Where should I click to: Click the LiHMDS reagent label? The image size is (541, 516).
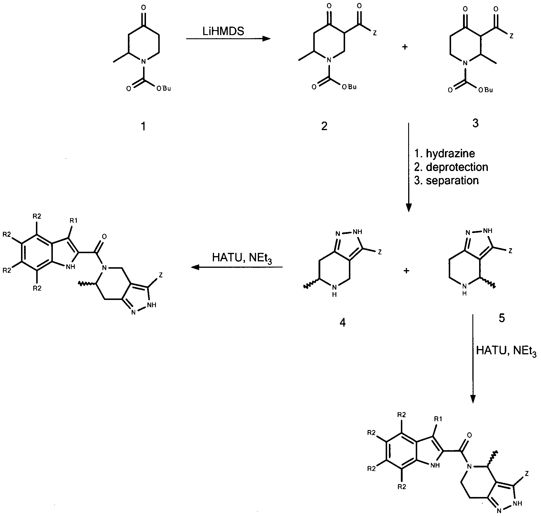point(223,31)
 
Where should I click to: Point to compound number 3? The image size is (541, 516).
point(475,123)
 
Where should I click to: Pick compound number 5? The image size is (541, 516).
point(502,318)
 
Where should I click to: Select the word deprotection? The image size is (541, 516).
point(457,167)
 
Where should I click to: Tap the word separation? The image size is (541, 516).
point(452,180)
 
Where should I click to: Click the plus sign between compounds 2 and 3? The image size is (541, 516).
point(405,47)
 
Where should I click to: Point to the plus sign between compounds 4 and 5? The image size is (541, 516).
point(406,271)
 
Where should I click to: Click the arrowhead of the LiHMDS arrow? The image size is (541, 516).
point(266,39)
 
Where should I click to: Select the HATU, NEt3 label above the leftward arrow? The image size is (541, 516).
point(242,258)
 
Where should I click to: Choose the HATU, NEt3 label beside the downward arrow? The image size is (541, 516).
point(506,351)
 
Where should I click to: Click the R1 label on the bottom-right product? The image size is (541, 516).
point(438,419)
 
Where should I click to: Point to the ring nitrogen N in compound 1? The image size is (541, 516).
point(143,62)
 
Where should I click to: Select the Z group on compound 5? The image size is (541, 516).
point(510,251)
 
